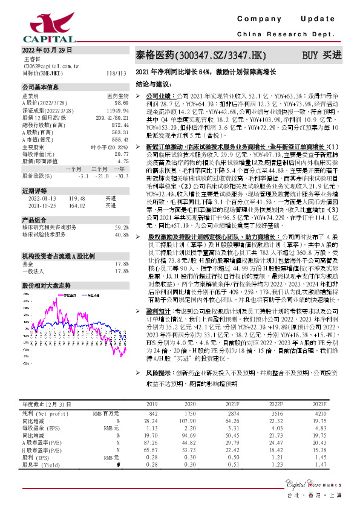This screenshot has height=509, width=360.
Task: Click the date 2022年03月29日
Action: [47, 49]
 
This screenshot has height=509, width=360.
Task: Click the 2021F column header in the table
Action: [249, 403]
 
